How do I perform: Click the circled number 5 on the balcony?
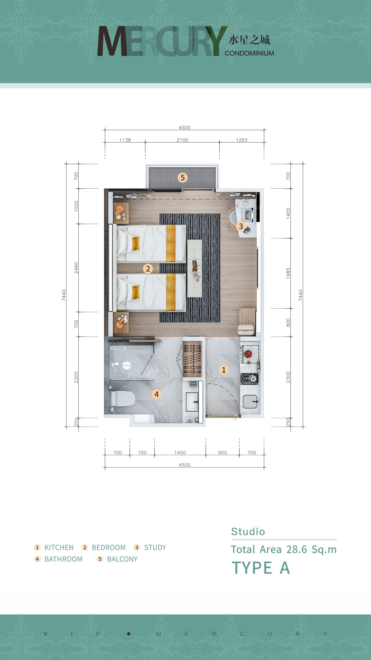coord(182,178)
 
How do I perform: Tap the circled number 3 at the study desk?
coord(241,226)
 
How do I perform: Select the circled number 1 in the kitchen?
coord(224,370)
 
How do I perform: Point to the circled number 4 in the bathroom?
coord(157,394)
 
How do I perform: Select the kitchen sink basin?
coord(250,402)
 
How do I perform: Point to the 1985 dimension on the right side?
coord(288,273)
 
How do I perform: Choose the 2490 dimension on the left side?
coord(76,268)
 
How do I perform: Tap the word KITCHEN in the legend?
coord(59,548)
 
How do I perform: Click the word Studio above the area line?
coord(248,532)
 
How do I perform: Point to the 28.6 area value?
coord(297,550)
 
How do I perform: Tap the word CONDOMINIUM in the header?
coord(249,53)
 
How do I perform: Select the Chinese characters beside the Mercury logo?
coord(249,40)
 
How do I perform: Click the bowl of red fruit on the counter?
coord(248,354)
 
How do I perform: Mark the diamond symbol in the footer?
coord(129,634)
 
